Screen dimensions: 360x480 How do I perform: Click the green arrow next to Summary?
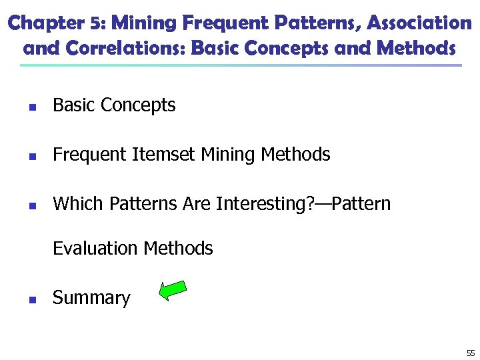[x=173, y=291]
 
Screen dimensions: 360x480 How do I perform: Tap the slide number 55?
[x=471, y=353]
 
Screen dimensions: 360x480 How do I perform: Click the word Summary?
[x=91, y=298]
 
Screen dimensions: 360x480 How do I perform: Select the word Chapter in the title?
[x=47, y=24]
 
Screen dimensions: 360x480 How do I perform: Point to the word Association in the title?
[x=419, y=24]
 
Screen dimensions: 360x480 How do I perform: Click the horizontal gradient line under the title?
[x=240, y=65]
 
